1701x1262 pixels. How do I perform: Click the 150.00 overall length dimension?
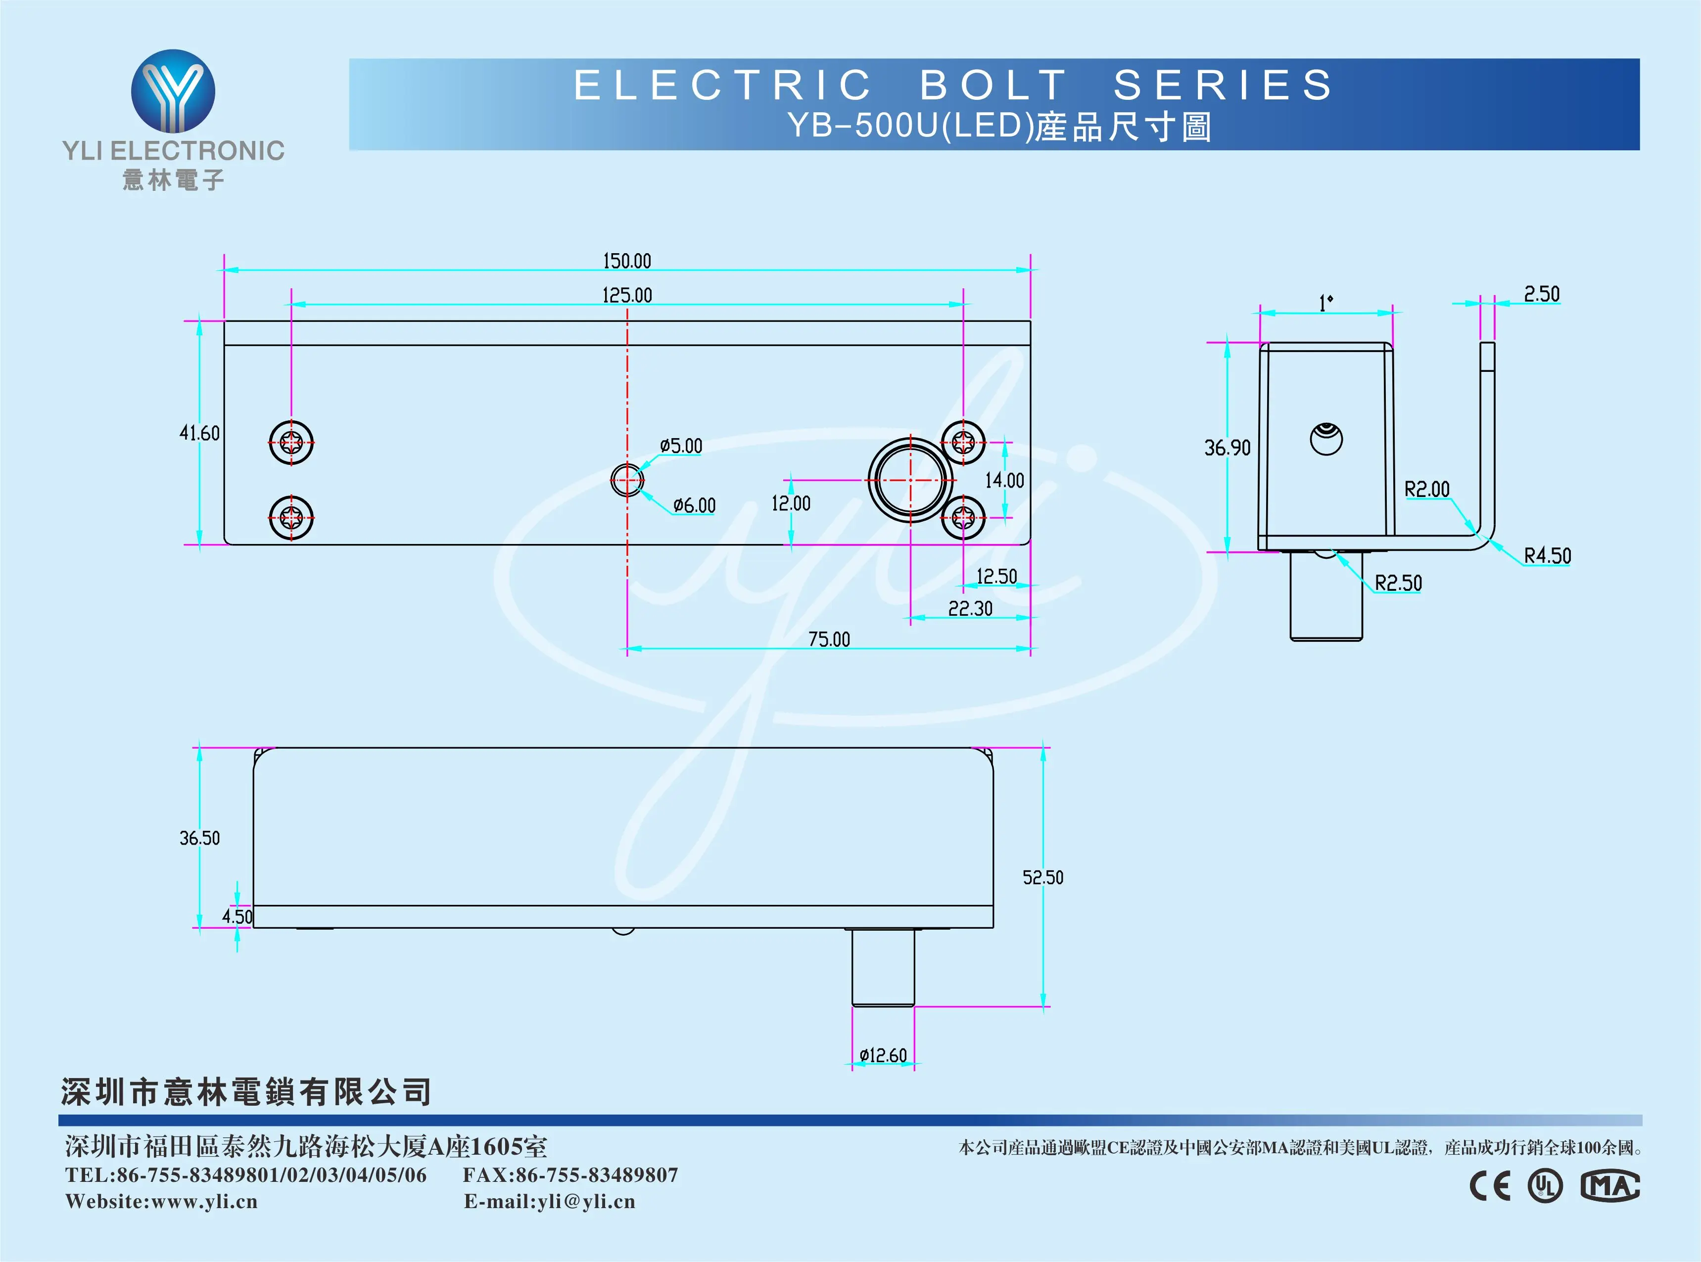[x=626, y=261]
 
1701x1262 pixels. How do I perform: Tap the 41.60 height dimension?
[x=199, y=433]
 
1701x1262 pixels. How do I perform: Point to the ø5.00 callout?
[x=681, y=446]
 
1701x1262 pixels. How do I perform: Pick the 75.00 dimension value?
[x=829, y=639]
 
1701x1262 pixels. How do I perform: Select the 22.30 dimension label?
[x=970, y=609]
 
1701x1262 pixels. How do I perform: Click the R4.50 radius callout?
[x=1548, y=555]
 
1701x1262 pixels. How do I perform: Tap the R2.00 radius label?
[x=1427, y=489]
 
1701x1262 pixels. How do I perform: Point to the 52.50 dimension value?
[x=1043, y=878]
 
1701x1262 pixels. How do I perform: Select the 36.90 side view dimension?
[x=1227, y=448]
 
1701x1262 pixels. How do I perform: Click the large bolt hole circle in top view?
[x=910, y=480]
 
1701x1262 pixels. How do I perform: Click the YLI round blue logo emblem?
[x=174, y=91]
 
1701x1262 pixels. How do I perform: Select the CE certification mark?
[x=1490, y=1186]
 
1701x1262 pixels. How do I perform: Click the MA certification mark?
[x=1609, y=1186]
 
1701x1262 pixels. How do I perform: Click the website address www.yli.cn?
[x=205, y=1202]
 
